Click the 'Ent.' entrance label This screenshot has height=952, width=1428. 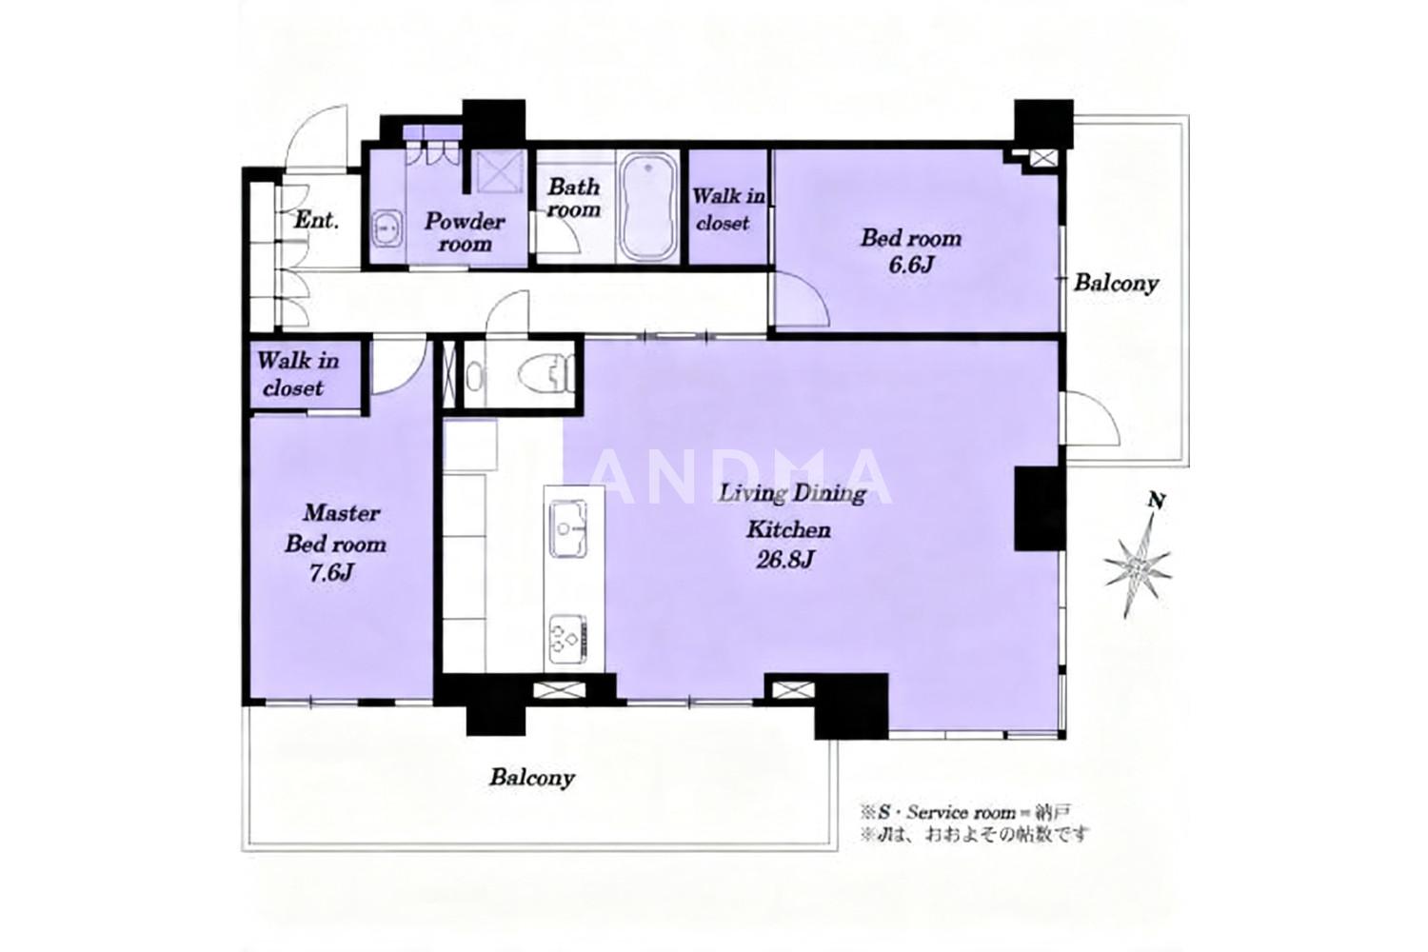coord(316,221)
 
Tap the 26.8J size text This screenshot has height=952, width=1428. coord(784,560)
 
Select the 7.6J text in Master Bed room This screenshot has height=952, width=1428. coord(331,573)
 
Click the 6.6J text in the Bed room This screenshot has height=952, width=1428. coord(911,265)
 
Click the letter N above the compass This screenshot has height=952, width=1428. coord(1157,501)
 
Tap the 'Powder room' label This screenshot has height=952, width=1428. coord(465,232)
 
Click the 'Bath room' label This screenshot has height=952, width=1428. coord(574,198)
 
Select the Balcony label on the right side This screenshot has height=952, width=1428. coord(1116,283)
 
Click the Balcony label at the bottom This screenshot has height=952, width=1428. coord(532,778)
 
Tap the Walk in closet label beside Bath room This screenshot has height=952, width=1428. coord(727,209)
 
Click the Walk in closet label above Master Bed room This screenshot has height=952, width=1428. coord(298,374)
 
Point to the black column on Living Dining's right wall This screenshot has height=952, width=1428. coord(1040,508)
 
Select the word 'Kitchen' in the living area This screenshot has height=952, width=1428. coord(788,530)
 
